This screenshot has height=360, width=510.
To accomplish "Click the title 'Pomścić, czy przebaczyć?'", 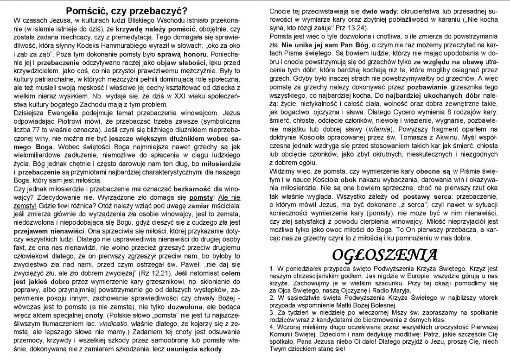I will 126,10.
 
